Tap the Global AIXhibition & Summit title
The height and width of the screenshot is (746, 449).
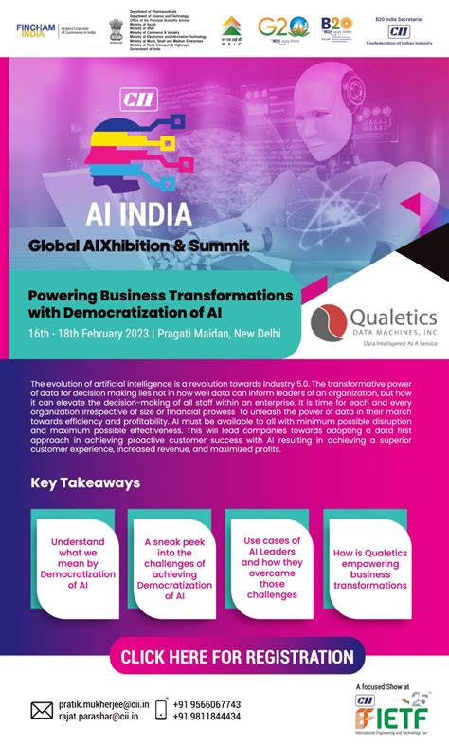click(138, 246)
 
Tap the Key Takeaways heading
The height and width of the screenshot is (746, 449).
click(85, 482)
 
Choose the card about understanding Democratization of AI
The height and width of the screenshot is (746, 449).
click(79, 565)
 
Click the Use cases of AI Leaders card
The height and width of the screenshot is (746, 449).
click(273, 565)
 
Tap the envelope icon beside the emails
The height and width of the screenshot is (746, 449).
click(42, 710)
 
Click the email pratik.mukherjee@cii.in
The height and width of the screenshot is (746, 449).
click(103, 704)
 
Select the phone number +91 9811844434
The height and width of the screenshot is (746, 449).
click(206, 717)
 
